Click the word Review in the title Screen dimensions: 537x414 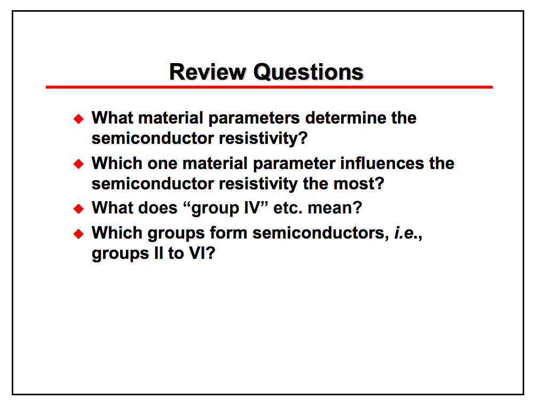tap(208, 72)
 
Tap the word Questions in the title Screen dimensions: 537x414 tap(308, 72)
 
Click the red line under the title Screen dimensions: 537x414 tap(269, 87)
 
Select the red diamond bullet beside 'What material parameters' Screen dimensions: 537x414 tap(78, 119)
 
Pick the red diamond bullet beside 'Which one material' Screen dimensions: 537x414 tap(78, 164)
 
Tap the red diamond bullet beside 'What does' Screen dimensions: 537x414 tap(78, 209)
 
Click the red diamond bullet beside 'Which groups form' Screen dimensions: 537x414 tap(78, 234)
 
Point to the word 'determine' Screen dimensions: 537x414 tap(346, 118)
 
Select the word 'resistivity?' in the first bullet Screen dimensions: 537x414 tap(263, 139)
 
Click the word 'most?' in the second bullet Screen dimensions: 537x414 tap(359, 183)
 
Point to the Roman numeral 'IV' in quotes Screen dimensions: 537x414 tap(252, 208)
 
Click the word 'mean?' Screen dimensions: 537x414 tap(335, 208)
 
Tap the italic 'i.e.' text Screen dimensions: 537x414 tap(407, 233)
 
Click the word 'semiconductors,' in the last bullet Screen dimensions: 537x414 tap(321, 233)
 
